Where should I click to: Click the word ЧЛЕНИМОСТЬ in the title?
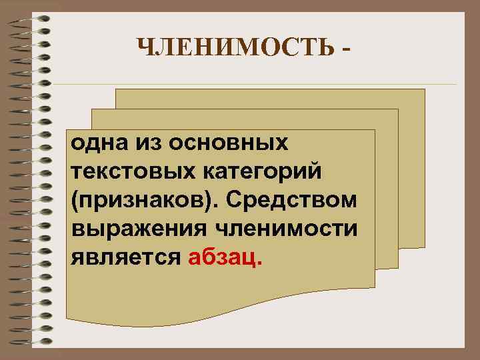pyautogui.click(x=233, y=49)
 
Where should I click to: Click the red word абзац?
pyautogui.click(x=226, y=257)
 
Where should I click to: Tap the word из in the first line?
pyautogui.click(x=149, y=142)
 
